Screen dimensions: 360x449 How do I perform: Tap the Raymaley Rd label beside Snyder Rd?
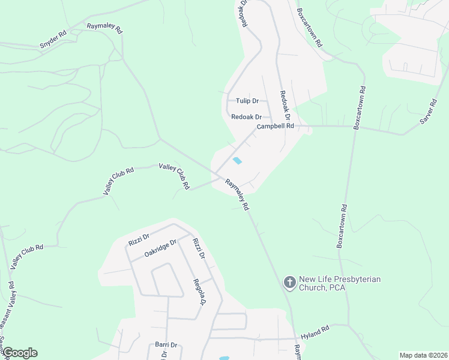pyautogui.click(x=104, y=28)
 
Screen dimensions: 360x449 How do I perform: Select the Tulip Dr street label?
pyautogui.click(x=247, y=101)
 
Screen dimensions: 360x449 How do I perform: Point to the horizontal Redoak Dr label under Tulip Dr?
pyautogui.click(x=247, y=117)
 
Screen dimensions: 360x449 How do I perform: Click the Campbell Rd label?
pyautogui.click(x=276, y=127)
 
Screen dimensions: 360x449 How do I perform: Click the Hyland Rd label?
pyautogui.click(x=315, y=330)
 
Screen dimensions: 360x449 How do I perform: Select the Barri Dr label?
pyautogui.click(x=166, y=345)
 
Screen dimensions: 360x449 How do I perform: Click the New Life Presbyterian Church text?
pyautogui.click(x=340, y=283)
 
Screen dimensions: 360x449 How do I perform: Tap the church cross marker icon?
pyautogui.click(x=289, y=283)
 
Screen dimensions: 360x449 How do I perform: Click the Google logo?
pyautogui.click(x=19, y=353)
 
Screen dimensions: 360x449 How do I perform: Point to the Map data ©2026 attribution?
pyautogui.click(x=423, y=355)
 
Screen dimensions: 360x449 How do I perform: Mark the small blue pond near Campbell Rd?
pyautogui.click(x=238, y=161)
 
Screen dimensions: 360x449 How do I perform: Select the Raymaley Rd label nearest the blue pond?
pyautogui.click(x=237, y=194)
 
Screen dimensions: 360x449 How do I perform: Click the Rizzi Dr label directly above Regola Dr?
pyautogui.click(x=199, y=248)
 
